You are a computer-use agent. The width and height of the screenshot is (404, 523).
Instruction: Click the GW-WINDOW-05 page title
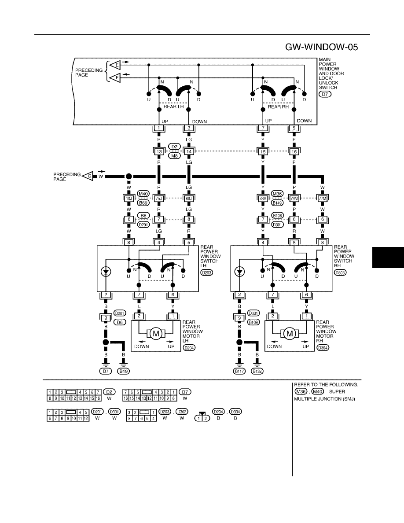click(x=321, y=47)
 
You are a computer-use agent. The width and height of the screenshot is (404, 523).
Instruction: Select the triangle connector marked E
click(x=116, y=64)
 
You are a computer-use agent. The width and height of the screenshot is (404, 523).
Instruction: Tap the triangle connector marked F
click(x=116, y=78)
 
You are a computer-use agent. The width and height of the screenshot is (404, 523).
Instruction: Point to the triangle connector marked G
click(x=88, y=176)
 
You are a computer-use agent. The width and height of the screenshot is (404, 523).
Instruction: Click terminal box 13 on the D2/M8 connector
click(x=159, y=152)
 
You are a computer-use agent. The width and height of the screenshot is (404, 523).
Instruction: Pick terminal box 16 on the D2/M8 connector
click(x=294, y=152)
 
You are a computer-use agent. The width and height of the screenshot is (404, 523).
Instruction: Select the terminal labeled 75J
click(x=159, y=199)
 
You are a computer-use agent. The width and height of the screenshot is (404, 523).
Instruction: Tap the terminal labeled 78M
click(x=263, y=199)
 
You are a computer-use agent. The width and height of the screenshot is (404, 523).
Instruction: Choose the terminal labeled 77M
click(x=322, y=199)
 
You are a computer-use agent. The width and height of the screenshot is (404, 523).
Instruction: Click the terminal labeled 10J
click(x=129, y=199)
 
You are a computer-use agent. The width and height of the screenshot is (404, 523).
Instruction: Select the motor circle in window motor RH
click(x=290, y=333)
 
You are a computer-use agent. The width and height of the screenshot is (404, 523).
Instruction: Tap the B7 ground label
click(x=106, y=371)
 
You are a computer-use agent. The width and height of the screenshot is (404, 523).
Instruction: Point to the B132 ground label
click(x=257, y=371)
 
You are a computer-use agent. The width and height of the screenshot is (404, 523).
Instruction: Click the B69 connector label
click(x=143, y=203)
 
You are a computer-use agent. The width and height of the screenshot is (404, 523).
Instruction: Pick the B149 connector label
click(x=277, y=203)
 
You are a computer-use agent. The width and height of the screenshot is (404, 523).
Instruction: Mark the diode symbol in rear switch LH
click(x=106, y=272)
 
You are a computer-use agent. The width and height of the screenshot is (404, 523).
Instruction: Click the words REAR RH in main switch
click(x=279, y=107)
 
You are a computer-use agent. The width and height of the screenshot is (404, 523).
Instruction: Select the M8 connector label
click(x=174, y=156)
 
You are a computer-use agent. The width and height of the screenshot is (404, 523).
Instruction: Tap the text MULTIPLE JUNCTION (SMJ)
click(x=325, y=399)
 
